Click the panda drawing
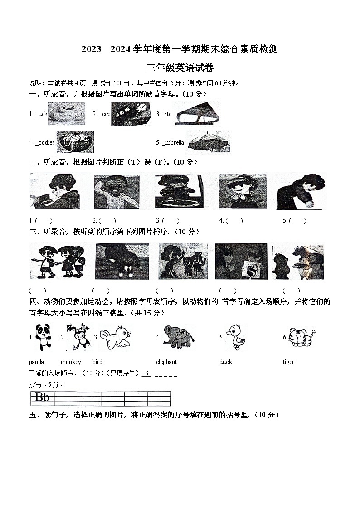pyautogui.click(x=43, y=337)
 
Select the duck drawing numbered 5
pyautogui.click(x=235, y=337)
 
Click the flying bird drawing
pyautogui.click(x=116, y=338)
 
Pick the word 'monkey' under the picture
pyautogui.click(x=71, y=362)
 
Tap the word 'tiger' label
pyautogui.click(x=288, y=362)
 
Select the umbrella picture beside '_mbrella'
pyautogui.click(x=209, y=142)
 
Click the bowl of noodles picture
pyautogui.click(x=75, y=141)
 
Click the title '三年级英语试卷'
pyautogui.click(x=180, y=68)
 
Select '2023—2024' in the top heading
pyautogui.click(x=106, y=50)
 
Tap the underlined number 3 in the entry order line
pyautogui.click(x=146, y=373)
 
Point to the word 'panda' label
pyautogui.click(x=36, y=362)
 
